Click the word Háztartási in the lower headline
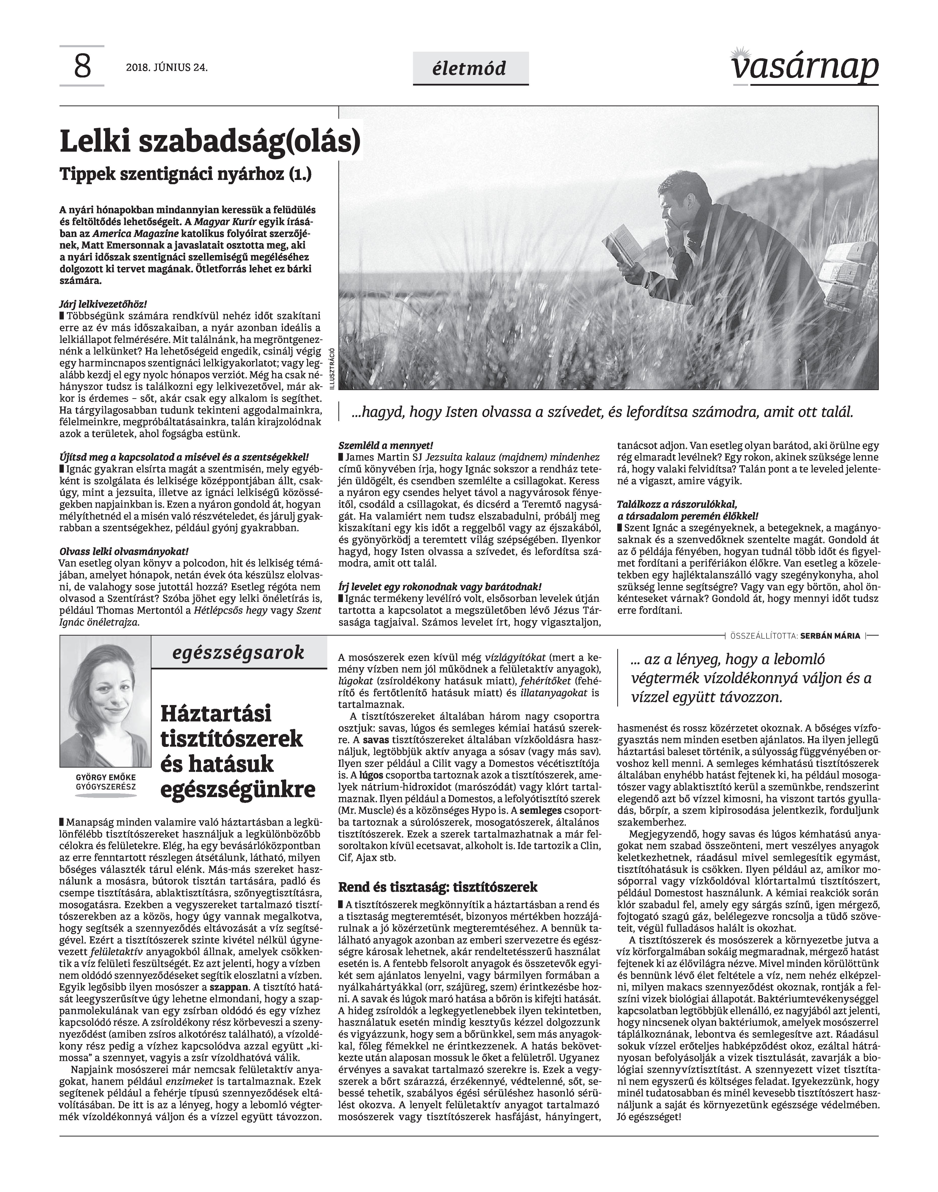click(x=216, y=714)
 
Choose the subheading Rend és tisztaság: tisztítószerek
click(x=438, y=887)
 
